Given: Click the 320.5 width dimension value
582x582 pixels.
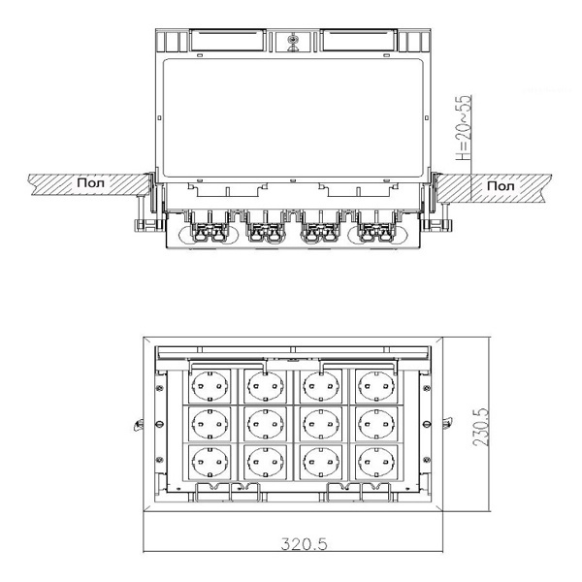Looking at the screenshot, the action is [304, 544].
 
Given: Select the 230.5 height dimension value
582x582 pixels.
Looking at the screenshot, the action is [481, 427].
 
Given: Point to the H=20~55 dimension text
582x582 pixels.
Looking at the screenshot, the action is [464, 128].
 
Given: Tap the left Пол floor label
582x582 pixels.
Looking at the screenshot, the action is [91, 182].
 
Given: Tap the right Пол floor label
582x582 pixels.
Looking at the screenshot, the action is [501, 185].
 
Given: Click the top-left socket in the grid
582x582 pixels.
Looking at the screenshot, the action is [210, 386].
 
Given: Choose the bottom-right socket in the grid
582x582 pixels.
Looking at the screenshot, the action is [376, 462].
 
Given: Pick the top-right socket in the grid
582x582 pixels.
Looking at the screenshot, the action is [376, 386].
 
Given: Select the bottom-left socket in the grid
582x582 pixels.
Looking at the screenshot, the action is [210, 462].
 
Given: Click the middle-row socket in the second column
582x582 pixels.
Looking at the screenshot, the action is [265, 424].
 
